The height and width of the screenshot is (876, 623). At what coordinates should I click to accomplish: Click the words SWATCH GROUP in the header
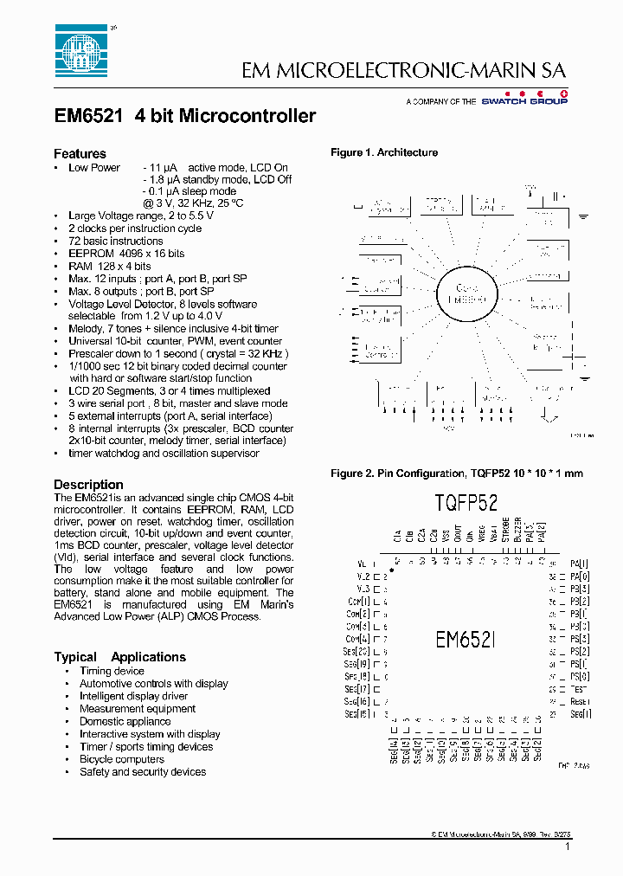tap(536, 101)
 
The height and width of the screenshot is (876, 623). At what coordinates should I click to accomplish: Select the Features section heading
tap(80, 153)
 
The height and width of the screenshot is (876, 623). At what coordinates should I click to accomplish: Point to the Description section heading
tap(88, 485)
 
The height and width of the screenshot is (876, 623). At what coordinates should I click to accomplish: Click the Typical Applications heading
tap(119, 657)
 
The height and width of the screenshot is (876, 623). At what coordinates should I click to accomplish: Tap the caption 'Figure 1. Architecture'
tap(384, 152)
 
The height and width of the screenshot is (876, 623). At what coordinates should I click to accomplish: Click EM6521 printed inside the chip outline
tap(464, 640)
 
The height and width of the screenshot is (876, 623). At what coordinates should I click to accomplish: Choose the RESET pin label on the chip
tap(580, 701)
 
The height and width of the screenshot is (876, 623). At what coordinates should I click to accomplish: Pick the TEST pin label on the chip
tap(579, 689)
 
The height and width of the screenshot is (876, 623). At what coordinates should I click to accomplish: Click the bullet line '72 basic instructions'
tap(115, 242)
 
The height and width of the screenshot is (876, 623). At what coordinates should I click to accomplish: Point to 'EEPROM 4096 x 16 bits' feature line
tap(126, 254)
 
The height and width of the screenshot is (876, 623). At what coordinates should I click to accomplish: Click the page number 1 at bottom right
tap(567, 849)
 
